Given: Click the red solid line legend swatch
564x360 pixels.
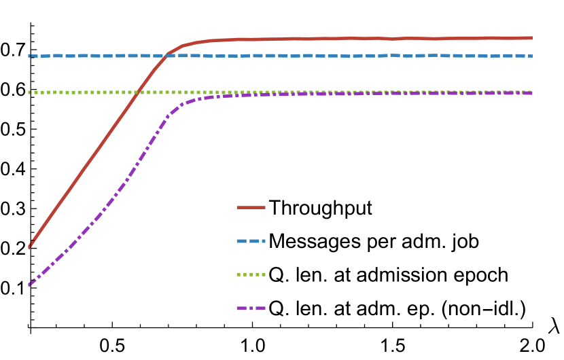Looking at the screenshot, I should pyautogui.click(x=251, y=207).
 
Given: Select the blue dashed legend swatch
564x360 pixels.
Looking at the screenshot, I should pyautogui.click(x=251, y=241).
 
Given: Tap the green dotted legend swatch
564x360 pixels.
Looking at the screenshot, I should pyautogui.click(x=251, y=275).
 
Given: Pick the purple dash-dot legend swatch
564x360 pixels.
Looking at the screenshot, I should pyautogui.click(x=251, y=308).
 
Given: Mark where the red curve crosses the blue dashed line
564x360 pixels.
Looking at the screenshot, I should pyautogui.click(x=165, y=56).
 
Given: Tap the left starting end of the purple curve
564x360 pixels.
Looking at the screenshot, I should pyautogui.click(x=29, y=285).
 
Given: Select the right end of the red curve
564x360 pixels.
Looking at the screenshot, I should pyautogui.click(x=532, y=38).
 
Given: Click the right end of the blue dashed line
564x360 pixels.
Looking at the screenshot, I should pyautogui.click(x=532, y=56).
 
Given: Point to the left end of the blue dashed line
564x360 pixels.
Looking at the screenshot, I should pyautogui.click(x=29, y=56).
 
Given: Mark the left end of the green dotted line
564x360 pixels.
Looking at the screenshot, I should pyautogui.click(x=29, y=92).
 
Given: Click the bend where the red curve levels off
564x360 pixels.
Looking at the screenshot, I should pyautogui.click(x=182, y=46).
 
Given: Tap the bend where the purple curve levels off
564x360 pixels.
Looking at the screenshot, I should pyautogui.click(x=182, y=104).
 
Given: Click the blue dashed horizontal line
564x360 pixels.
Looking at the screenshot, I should pyautogui.click(x=340, y=56).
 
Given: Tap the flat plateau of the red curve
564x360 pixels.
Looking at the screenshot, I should pyautogui.click(x=374, y=39).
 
